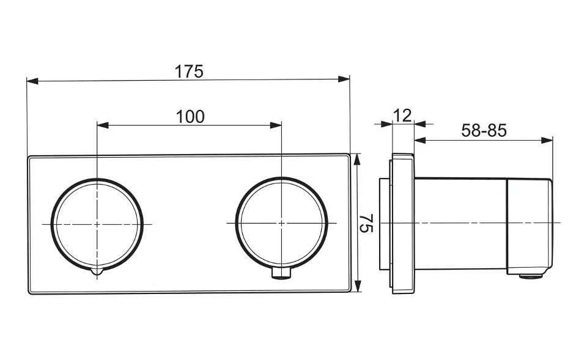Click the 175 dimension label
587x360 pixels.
point(189,72)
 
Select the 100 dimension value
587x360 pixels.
point(190,117)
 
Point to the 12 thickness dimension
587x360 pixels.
point(402,116)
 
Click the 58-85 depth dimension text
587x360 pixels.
point(484,131)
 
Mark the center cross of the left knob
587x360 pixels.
point(97,224)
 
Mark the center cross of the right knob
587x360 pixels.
point(281,223)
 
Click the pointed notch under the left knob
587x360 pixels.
point(97,272)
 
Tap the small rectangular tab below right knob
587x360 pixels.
point(281,274)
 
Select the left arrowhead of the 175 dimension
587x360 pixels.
point(32,81)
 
